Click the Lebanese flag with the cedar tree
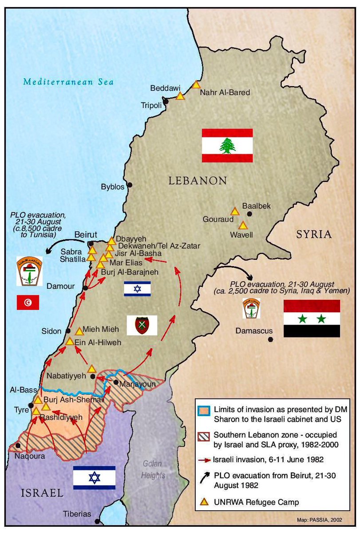pos(227,145)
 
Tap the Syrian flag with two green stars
pos(312,318)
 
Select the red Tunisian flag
pos(28,302)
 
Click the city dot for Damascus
pos(270,340)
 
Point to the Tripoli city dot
pos(166,102)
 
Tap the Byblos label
pos(112,187)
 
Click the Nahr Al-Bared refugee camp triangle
pos(197,84)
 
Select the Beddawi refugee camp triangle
pos(180,95)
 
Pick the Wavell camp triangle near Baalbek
pos(243,225)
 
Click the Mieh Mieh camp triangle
pos(79,331)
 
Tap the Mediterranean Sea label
pos(69,82)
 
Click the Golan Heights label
pos(153,469)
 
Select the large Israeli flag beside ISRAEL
pos(94,477)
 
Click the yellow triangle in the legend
pos(204,502)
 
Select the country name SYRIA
pos(314,234)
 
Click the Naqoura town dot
pos(18,445)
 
